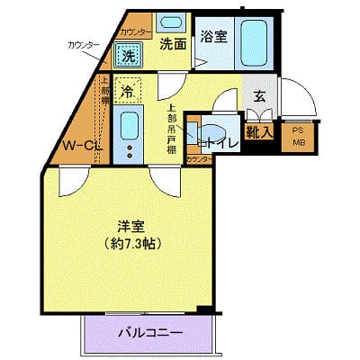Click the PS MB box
(x=298, y=138)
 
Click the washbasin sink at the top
(x=168, y=22)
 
